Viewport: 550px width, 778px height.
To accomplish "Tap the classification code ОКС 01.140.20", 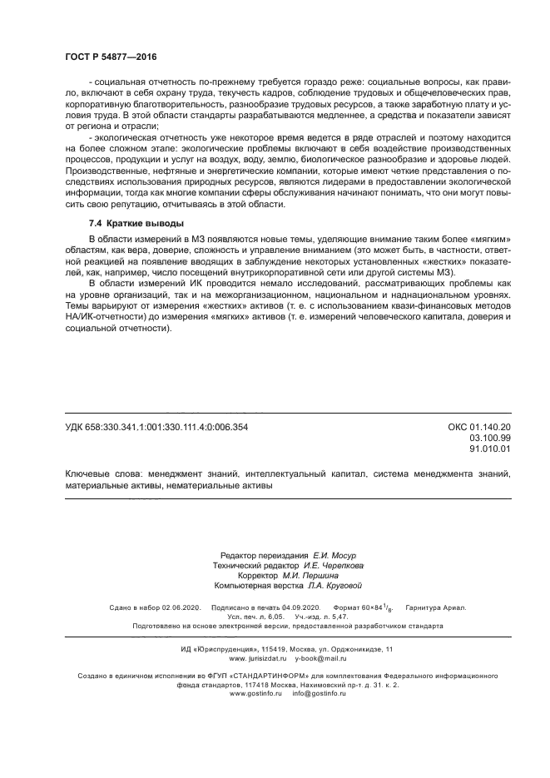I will point(479,427).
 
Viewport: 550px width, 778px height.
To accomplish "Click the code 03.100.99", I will point(490,438).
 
